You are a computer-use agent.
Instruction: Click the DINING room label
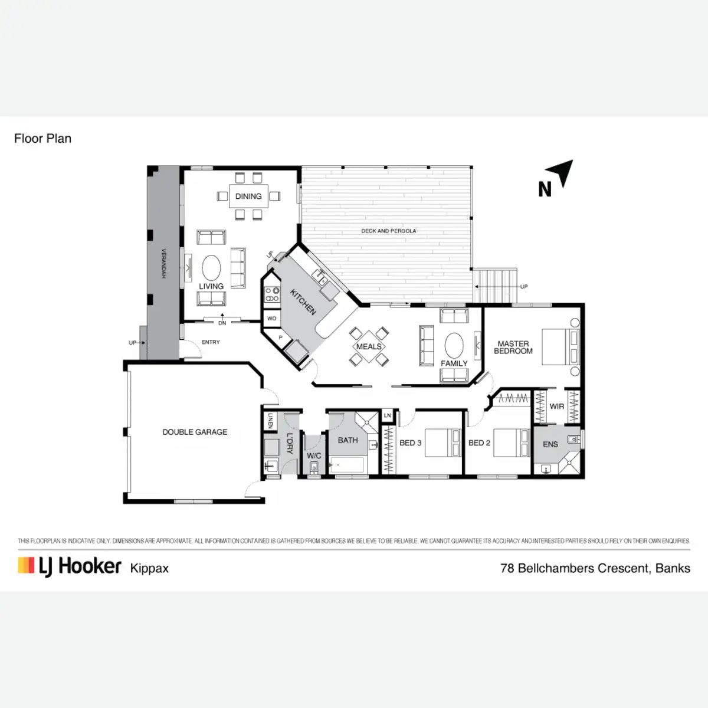pyautogui.click(x=248, y=196)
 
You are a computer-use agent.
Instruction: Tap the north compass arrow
pyautogui.click(x=563, y=173)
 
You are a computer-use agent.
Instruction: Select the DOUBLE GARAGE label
pyautogui.click(x=195, y=432)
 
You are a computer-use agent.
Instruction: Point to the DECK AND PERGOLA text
pyautogui.click(x=388, y=231)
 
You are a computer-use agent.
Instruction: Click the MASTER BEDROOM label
pyautogui.click(x=513, y=348)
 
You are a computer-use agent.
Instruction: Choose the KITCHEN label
pyautogui.click(x=303, y=301)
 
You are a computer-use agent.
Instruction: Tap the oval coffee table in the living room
pyautogui.click(x=211, y=268)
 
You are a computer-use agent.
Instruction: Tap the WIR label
pyautogui.click(x=556, y=407)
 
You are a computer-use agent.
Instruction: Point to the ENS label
pyautogui.click(x=550, y=444)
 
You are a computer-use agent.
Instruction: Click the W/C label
pyautogui.click(x=314, y=455)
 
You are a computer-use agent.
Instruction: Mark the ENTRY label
pyautogui.click(x=211, y=342)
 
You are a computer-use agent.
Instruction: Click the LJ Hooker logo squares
pyautogui.click(x=26, y=565)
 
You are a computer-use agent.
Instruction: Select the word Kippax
pyautogui.click(x=149, y=569)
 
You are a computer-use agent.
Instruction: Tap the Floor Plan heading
pyautogui.click(x=42, y=139)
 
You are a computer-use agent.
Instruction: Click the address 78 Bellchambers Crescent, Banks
pyautogui.click(x=595, y=568)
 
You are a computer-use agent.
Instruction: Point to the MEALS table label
pyautogui.click(x=369, y=346)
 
